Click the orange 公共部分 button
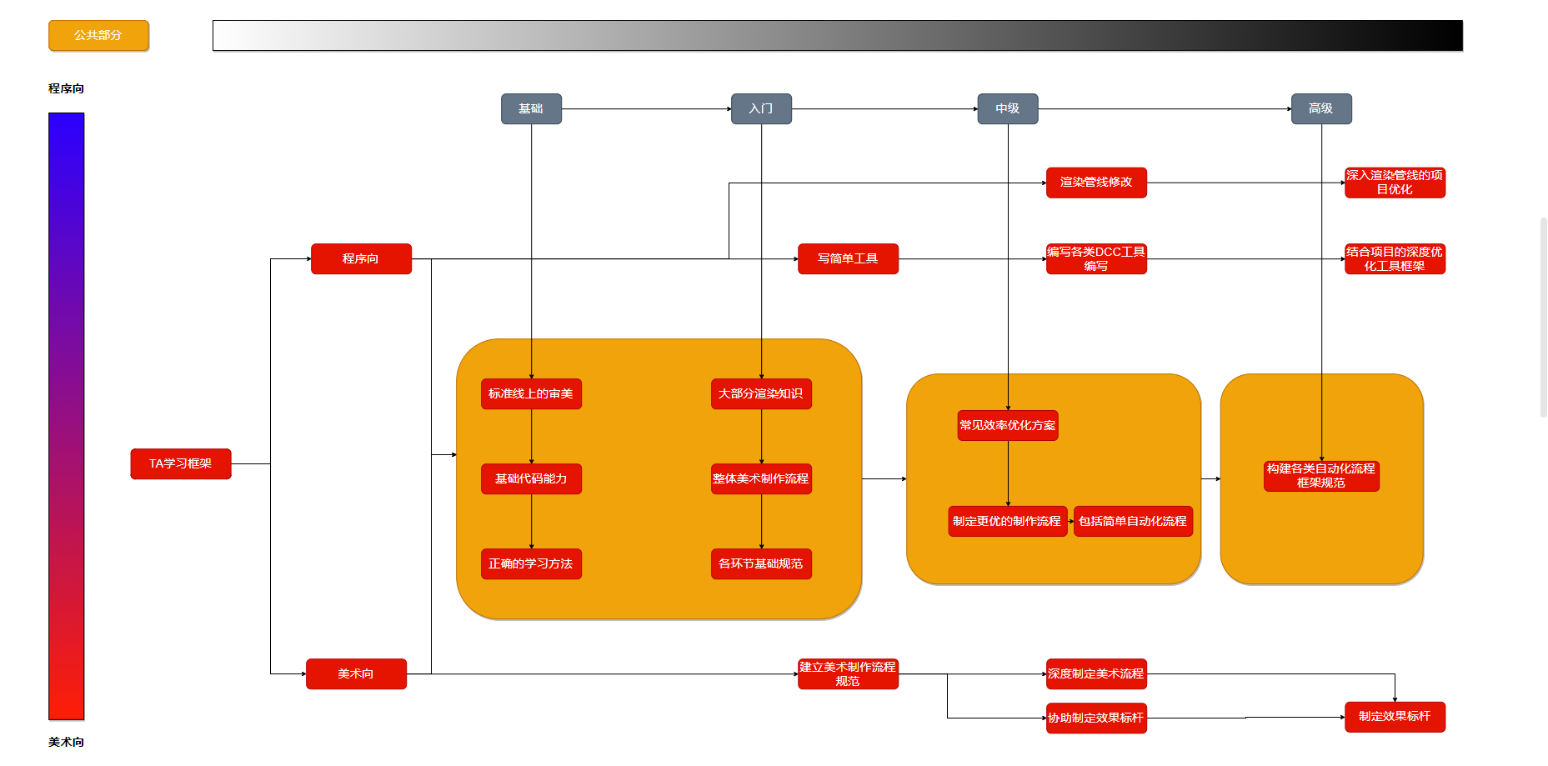tap(98, 36)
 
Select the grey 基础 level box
tap(531, 109)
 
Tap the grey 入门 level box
tap(761, 109)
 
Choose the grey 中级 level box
tap(1007, 109)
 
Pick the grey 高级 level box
tap(1321, 109)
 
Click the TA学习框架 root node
tap(181, 464)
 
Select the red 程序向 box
tap(361, 259)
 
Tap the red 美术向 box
tap(356, 674)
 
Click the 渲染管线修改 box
tap(1096, 183)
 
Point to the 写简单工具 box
tap(848, 259)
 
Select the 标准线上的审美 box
tap(531, 394)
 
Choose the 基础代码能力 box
tap(531, 479)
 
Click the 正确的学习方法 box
tap(531, 564)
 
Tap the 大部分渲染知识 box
tap(761, 394)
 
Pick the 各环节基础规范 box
tap(761, 564)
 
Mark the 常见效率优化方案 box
tap(1007, 426)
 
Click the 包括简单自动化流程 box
tap(1133, 522)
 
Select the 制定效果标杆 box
tap(1395, 717)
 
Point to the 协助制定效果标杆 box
tap(1096, 718)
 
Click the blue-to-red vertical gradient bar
tap(67, 417)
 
